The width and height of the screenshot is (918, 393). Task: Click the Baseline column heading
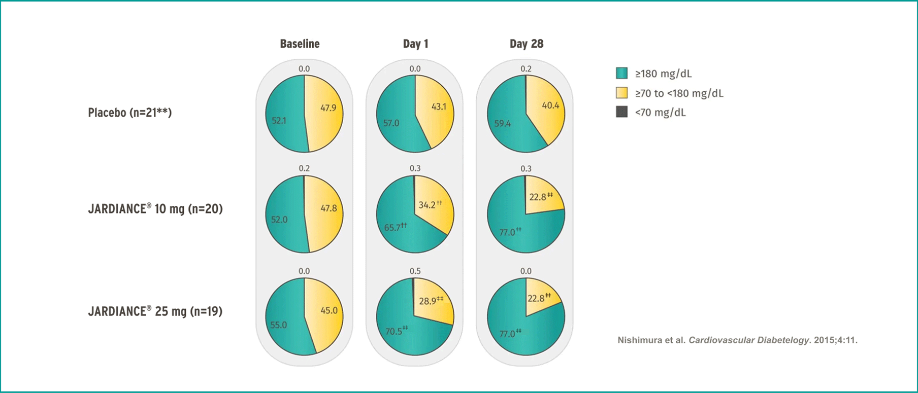(x=300, y=44)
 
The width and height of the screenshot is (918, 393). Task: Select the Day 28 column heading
(x=526, y=44)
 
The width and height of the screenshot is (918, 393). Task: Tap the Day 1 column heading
(x=415, y=44)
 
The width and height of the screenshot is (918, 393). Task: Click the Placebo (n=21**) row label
(x=130, y=113)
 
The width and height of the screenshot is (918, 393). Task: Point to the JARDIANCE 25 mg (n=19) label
(x=155, y=311)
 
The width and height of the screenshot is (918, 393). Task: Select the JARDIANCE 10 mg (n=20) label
(x=155, y=209)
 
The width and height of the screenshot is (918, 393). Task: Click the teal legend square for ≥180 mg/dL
(x=621, y=74)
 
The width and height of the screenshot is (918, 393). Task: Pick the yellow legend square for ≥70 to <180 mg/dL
(x=621, y=93)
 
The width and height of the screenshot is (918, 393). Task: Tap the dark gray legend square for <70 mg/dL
(x=621, y=112)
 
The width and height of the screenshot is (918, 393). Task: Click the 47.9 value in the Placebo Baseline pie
(x=328, y=108)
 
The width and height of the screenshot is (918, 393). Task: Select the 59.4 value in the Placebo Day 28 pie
(x=502, y=124)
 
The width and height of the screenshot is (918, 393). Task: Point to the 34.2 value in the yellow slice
(x=427, y=205)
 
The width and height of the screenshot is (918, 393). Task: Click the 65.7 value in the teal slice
(x=392, y=228)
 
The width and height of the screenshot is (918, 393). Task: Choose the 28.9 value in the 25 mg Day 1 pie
(x=428, y=301)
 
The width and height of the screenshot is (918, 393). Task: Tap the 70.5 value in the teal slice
(x=394, y=332)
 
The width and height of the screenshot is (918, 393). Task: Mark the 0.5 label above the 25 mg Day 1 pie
(x=415, y=271)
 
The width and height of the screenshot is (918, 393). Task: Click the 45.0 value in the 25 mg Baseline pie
(x=329, y=310)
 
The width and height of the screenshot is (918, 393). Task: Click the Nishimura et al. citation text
(x=737, y=340)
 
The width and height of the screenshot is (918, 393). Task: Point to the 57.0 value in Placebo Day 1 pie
(x=391, y=123)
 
